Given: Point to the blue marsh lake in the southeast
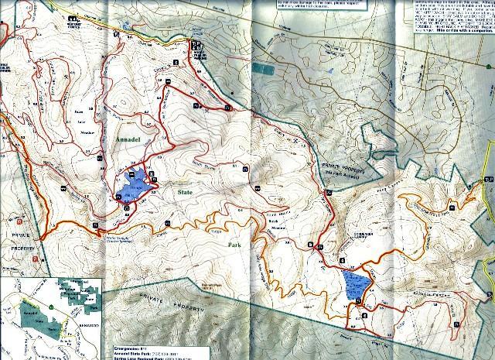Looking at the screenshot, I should click(x=354, y=286).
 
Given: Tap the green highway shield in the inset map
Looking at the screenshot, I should click(x=52, y=307).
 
